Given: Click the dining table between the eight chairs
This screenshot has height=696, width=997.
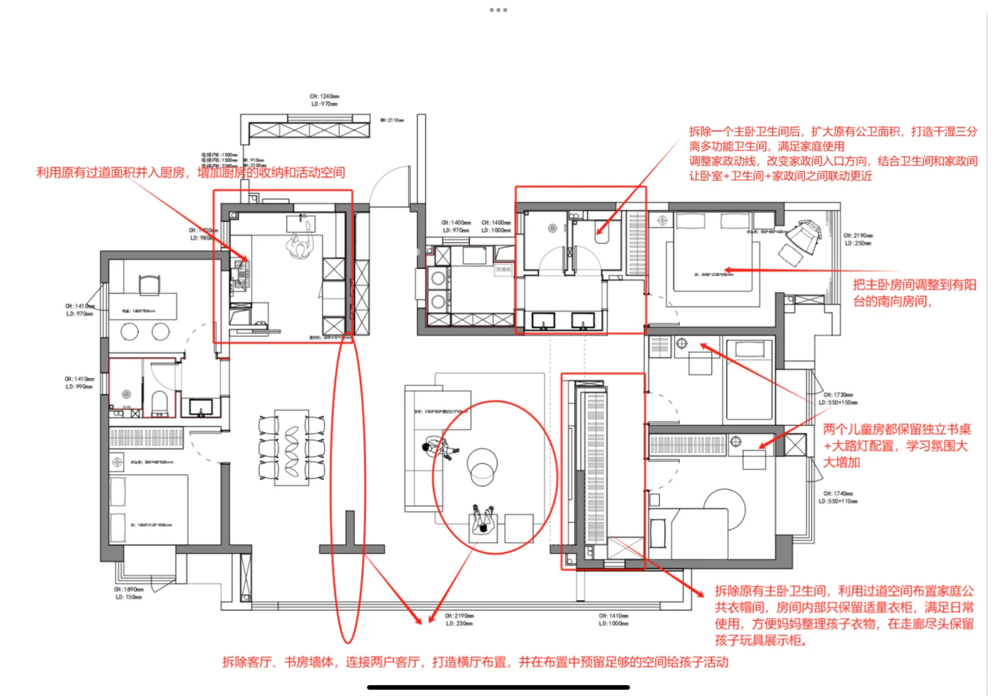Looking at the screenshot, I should [x=291, y=447].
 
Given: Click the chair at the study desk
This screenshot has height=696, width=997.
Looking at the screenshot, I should [x=149, y=284].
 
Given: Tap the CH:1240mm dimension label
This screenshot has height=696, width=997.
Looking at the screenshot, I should [x=324, y=96].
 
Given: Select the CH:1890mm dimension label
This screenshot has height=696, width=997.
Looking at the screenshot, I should [x=129, y=589].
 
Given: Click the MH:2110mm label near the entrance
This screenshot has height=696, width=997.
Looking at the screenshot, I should [x=392, y=120].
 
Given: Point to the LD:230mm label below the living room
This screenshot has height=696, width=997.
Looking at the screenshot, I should [x=459, y=623].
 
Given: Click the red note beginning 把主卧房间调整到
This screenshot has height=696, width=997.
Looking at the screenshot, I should [x=914, y=293].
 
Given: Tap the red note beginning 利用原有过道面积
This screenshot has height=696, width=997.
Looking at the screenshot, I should [x=190, y=173].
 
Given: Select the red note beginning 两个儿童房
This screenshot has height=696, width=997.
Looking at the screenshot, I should [x=896, y=445].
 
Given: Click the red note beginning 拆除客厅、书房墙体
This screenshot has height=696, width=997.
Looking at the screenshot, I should [x=475, y=662].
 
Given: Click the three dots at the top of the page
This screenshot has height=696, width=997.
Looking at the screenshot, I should [x=498, y=10].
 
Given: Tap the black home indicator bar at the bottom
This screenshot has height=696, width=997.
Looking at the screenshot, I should [x=498, y=687].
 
